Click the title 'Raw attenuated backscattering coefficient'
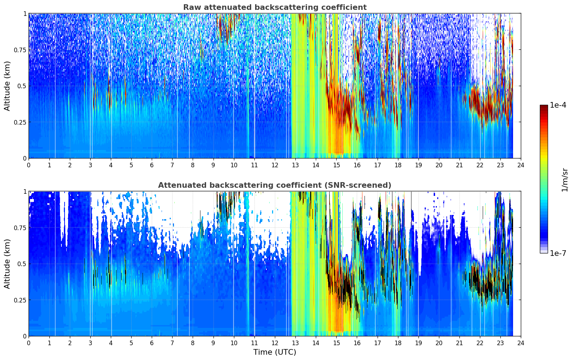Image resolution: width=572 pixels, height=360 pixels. (x=275, y=7)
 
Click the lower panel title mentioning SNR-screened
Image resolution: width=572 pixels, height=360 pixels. (x=275, y=185)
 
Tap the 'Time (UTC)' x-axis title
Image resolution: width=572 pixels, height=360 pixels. (x=275, y=352)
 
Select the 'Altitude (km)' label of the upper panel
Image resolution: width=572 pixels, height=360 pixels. (x=7, y=86)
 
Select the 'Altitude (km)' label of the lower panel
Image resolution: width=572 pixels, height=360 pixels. (x=7, y=264)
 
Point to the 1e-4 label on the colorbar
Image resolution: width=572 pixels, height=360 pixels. (x=558, y=105)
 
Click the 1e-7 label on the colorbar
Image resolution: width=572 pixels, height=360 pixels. (x=558, y=253)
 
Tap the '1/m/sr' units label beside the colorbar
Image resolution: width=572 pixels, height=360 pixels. (x=565, y=180)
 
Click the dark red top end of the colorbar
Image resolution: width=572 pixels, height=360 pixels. (x=544, y=106)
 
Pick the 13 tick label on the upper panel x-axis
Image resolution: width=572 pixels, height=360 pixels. (x=295, y=165)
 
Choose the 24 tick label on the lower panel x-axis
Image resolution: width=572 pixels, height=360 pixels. (x=521, y=343)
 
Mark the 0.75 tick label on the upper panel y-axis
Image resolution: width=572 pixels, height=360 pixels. (x=20, y=50)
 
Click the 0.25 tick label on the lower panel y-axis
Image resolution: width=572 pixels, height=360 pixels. (x=20, y=300)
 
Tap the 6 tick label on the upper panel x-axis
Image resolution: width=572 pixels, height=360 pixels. (x=152, y=165)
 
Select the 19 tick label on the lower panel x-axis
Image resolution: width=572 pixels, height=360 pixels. (x=418, y=343)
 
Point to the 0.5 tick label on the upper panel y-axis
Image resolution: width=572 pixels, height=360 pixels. (x=22, y=86)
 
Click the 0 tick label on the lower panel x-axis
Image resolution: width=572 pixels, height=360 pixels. (x=29, y=343)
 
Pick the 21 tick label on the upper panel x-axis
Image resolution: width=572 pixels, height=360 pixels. (x=459, y=165)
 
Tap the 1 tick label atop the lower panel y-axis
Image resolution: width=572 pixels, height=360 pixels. (x=25, y=192)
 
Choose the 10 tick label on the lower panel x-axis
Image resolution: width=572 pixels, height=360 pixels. (x=234, y=343)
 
